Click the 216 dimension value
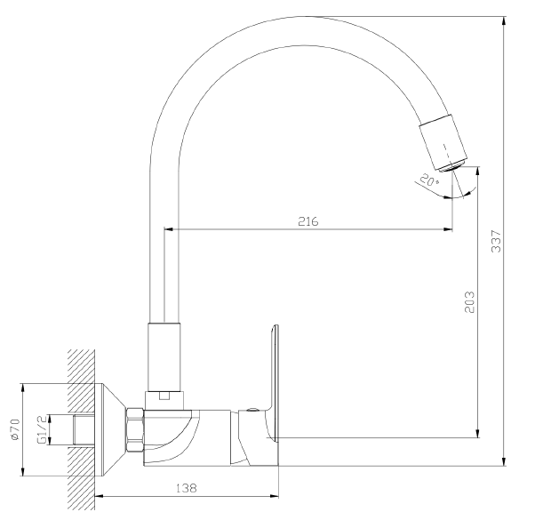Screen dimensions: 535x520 [308, 221]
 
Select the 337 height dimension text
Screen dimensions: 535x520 [496, 242]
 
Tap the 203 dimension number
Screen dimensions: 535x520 [469, 302]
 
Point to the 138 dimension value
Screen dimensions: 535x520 [187, 488]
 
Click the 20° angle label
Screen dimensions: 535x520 [429, 180]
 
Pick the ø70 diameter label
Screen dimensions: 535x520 [16, 429]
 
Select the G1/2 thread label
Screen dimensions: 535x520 [42, 429]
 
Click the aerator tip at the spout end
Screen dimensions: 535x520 [452, 166]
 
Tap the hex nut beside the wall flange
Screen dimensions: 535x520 [135, 430]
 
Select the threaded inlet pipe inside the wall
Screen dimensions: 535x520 [84, 429]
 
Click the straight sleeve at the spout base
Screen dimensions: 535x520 [164, 356]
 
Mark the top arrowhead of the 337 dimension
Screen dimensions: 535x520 [504, 20]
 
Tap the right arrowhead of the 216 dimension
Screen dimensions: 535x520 [448, 229]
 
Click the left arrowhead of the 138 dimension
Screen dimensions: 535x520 [100, 496]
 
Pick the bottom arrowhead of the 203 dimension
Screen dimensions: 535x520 [478, 434]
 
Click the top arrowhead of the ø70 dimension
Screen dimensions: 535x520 [23, 388]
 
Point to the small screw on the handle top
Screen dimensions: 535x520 [252, 410]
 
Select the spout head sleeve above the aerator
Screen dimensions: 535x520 [443, 141]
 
